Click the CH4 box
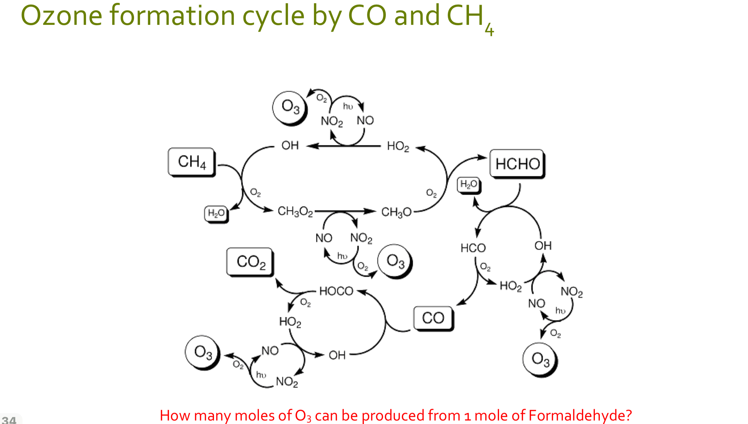click(191, 162)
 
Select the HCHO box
click(517, 164)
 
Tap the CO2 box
click(250, 262)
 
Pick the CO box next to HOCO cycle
click(433, 318)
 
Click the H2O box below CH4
click(216, 213)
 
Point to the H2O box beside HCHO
click(469, 184)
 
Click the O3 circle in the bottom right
click(540, 360)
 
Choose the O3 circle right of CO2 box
click(395, 261)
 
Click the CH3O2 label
click(295, 211)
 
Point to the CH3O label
click(396, 212)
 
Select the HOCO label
click(336, 291)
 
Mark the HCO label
click(473, 248)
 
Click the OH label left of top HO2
click(290, 146)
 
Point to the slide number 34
click(9, 420)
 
